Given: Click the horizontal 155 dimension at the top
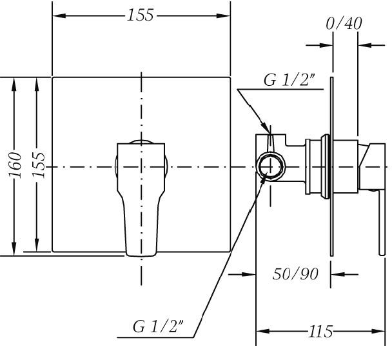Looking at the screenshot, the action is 140,15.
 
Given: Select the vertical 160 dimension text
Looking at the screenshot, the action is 15,165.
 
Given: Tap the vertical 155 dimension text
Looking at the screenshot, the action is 39,165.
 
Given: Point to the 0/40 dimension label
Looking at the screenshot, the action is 344,24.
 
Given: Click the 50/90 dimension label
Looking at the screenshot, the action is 295,274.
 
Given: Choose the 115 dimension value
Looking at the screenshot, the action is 320,332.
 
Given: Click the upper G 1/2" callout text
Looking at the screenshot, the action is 289,81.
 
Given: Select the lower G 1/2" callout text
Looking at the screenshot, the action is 158,326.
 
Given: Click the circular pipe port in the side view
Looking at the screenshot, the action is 271,166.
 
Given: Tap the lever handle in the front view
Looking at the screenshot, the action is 141,197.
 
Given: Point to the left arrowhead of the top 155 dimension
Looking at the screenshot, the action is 59,15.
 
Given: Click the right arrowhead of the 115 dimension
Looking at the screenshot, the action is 378,331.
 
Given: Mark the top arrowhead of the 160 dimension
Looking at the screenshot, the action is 14,85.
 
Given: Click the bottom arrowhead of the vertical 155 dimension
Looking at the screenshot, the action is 37,245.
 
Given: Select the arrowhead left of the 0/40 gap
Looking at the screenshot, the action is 326,45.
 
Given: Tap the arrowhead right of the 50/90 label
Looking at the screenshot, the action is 337,274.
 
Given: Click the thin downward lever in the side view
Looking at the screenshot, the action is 382,223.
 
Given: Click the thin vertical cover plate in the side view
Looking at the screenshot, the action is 332,166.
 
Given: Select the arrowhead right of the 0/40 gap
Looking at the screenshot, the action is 364,45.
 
